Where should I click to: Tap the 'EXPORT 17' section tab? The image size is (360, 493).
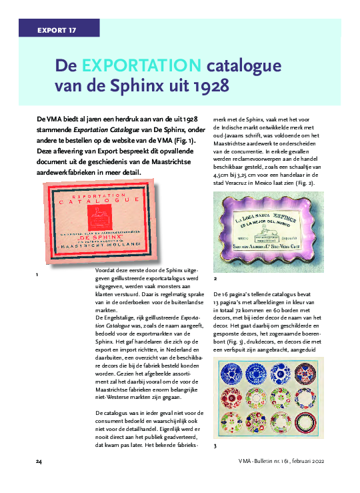tap(56, 30)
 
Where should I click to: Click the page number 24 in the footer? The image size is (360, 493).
tap(39, 461)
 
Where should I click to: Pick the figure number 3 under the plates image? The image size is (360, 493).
tap(215, 445)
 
